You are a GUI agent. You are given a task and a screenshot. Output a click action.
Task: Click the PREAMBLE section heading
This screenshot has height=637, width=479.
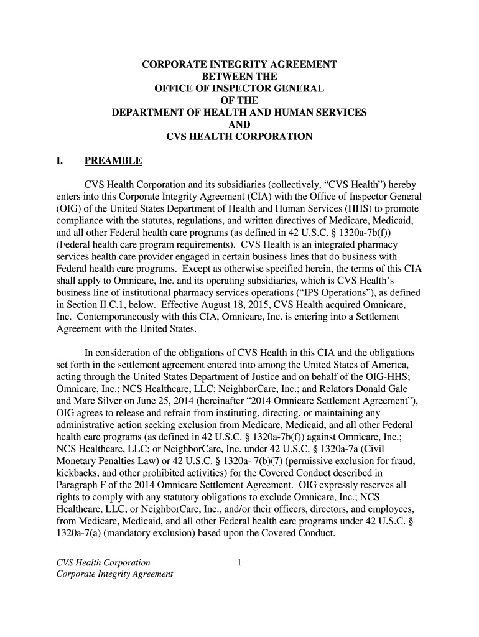click(x=113, y=162)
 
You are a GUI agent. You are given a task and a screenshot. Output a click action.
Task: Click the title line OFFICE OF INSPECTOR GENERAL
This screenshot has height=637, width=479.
click(x=240, y=88)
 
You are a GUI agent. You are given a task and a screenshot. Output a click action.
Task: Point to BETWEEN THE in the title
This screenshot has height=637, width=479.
click(x=240, y=77)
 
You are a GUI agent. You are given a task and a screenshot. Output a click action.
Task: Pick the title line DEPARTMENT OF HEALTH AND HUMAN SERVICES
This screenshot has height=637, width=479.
click(x=239, y=113)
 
